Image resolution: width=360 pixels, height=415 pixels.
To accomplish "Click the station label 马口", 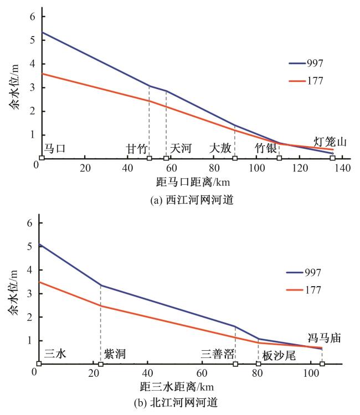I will point(55,148).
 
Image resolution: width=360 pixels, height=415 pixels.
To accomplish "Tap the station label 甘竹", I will point(137,148).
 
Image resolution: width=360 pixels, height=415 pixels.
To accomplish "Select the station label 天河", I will point(181,148).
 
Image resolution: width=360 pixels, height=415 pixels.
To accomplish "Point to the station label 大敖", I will point(220,148).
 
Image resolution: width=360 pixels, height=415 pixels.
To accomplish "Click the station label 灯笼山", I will point(331,142).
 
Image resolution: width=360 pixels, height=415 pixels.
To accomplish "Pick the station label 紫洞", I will point(115,354).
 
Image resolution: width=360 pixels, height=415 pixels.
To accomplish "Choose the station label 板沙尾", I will point(279,355).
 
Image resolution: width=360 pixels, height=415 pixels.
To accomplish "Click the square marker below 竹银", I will point(279,158).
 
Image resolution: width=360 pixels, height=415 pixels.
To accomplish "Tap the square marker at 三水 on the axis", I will point(39,364).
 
